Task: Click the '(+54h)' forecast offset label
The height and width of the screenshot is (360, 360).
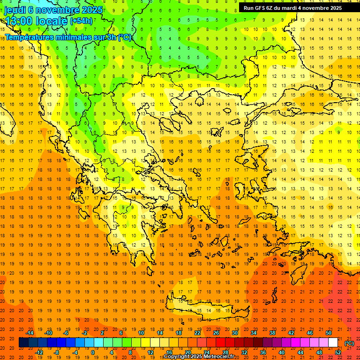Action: point(81,21)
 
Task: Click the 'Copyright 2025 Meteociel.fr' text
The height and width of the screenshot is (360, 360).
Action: point(199,357)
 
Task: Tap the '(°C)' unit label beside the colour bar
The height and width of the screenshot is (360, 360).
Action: point(349,343)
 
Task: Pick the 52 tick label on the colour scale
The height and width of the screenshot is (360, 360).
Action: point(338,352)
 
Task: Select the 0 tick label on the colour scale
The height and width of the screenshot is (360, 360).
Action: point(92,352)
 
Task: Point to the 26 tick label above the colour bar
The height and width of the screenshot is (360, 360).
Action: point(216,333)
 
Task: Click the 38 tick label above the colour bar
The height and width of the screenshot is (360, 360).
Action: point(272,333)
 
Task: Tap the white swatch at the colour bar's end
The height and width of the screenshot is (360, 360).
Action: point(333,343)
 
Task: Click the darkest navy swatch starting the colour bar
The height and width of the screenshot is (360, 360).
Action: point(23,343)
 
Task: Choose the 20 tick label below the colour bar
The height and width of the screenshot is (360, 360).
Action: point(187,352)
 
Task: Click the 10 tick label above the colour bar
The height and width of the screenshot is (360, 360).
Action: point(141,333)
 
